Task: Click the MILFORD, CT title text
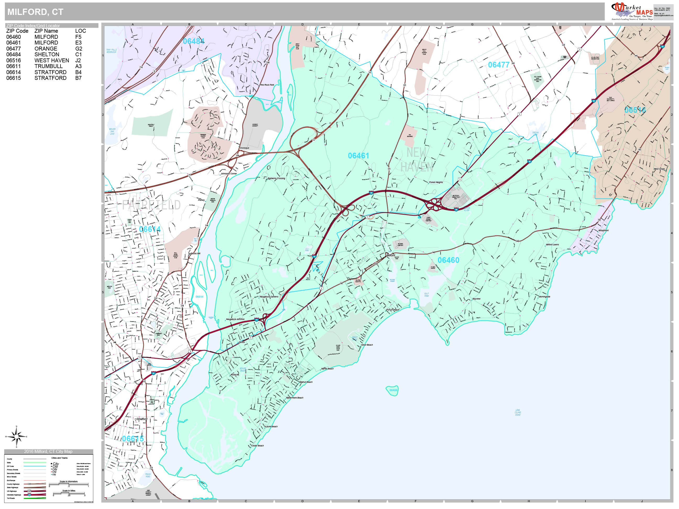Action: pos(35,12)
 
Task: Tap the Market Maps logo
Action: pos(632,11)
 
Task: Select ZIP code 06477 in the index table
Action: pos(14,49)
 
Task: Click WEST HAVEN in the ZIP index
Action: pos(52,60)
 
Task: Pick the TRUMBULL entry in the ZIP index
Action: pos(48,66)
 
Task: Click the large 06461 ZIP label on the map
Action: pos(358,156)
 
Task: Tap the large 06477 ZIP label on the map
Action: pos(499,65)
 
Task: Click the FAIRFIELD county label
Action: pos(151,205)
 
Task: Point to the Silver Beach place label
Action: pos(367,345)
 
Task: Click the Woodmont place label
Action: pos(603,230)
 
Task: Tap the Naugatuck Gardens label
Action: pos(269,297)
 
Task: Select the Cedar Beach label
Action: pos(258,445)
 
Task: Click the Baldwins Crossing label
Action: pos(276,178)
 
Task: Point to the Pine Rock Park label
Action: pos(267,85)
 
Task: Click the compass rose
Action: pos(17,436)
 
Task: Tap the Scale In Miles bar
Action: pos(69,493)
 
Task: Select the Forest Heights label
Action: pos(436,182)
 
